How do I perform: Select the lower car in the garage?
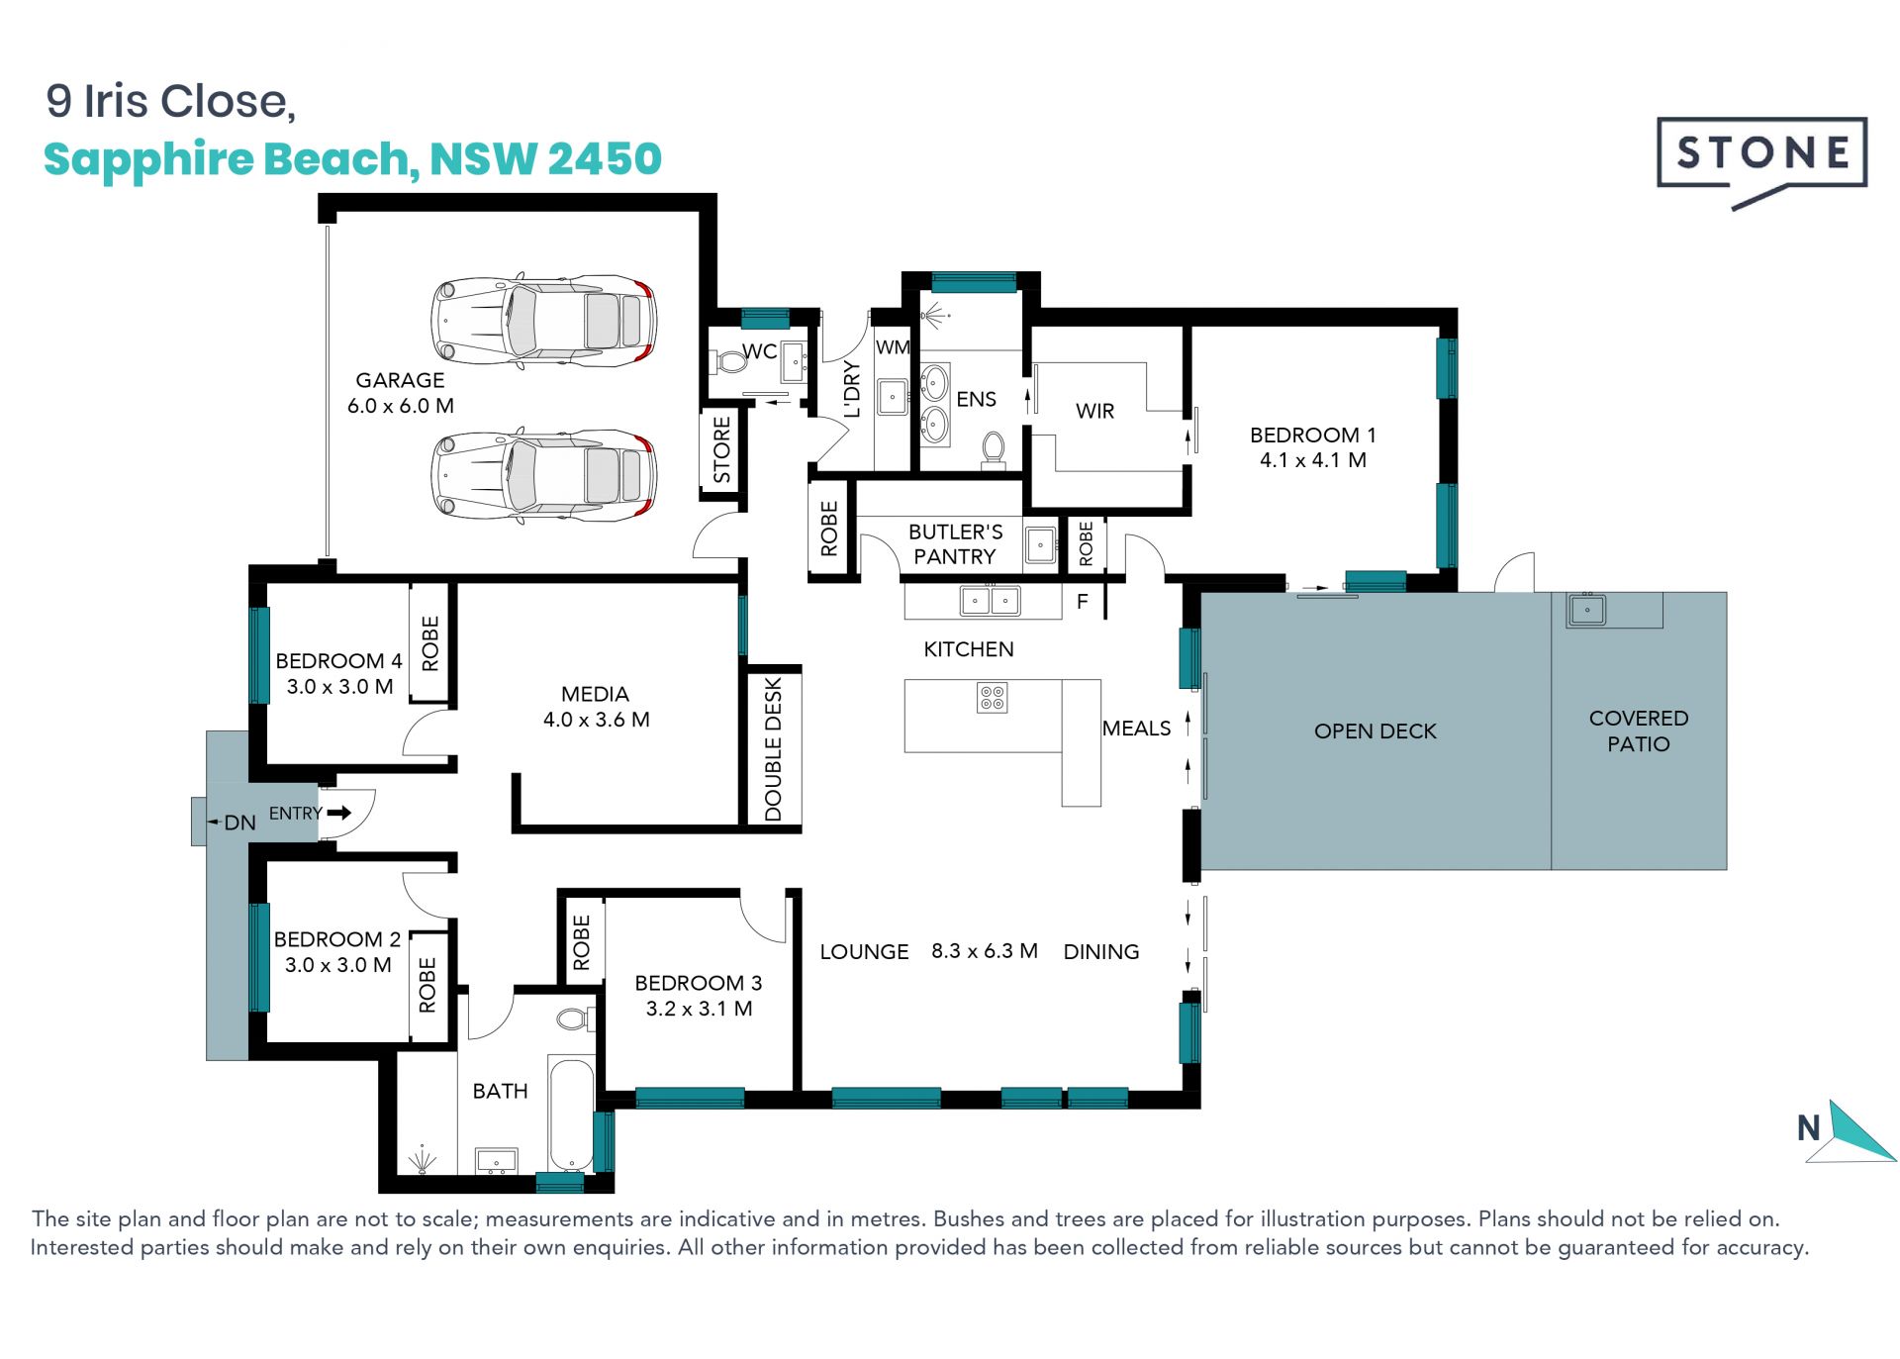(x=543, y=475)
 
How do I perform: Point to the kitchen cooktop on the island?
(x=992, y=698)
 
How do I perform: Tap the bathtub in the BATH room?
(x=571, y=1116)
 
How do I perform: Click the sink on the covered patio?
(x=1586, y=610)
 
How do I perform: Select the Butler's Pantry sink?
(x=1040, y=544)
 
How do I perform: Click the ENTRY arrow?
(x=339, y=813)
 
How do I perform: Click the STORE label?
(x=721, y=449)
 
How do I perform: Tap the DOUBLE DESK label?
(x=773, y=749)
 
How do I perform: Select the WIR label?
(x=1094, y=411)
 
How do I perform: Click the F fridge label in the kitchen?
(x=1083, y=601)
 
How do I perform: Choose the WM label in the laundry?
(x=893, y=347)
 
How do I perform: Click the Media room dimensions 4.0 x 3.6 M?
(x=596, y=720)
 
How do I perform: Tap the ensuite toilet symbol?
(x=994, y=450)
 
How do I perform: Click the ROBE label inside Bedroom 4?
(x=429, y=643)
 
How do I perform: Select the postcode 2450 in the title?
(x=604, y=158)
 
